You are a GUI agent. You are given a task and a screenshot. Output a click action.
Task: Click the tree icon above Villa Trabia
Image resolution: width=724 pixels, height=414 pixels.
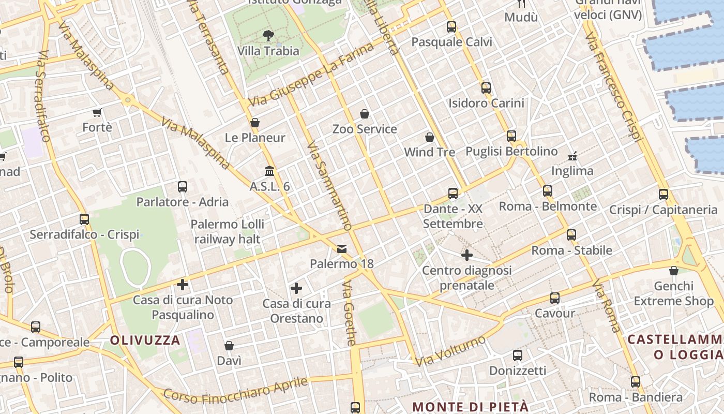[268, 35]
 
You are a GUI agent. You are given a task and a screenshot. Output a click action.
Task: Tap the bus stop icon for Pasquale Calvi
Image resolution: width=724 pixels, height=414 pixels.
[451, 27]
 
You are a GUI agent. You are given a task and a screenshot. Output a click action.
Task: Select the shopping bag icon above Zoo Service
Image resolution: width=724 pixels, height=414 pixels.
[365, 114]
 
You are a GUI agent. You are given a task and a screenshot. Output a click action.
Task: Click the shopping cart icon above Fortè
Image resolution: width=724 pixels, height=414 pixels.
[97, 112]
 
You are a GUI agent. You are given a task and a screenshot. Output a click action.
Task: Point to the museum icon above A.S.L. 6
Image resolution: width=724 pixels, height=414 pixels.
[269, 171]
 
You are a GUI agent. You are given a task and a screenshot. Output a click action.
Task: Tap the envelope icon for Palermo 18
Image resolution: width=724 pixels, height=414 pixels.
[342, 249]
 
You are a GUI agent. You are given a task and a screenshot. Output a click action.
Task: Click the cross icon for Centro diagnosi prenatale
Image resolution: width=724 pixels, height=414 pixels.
[467, 255]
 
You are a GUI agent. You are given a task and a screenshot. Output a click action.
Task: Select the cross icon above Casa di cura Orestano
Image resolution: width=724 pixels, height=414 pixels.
[296, 288]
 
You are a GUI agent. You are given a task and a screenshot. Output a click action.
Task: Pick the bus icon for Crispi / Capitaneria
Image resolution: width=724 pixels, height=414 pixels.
[663, 195]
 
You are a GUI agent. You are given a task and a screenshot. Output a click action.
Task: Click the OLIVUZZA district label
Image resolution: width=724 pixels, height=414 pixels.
[145, 340]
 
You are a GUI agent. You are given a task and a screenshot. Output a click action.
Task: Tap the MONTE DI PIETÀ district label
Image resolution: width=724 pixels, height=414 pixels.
[470, 406]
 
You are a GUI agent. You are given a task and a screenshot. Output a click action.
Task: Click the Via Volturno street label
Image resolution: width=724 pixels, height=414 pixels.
[450, 351]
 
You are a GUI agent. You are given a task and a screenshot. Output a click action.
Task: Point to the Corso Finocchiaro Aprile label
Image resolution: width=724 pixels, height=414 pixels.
[236, 390]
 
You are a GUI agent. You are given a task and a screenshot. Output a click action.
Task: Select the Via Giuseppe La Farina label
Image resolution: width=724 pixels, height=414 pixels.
[310, 76]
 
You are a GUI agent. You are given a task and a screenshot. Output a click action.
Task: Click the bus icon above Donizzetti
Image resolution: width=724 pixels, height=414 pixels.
[518, 356]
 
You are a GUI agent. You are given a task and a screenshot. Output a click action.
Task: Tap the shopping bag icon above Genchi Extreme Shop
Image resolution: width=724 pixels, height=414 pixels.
[673, 271]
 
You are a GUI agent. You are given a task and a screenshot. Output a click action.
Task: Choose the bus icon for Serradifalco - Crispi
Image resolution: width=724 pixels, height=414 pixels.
[84, 219]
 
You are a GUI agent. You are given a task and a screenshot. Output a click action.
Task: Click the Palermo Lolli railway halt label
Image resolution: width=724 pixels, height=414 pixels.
[228, 231]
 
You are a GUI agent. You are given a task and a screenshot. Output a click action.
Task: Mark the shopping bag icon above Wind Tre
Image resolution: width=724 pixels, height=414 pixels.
[429, 137]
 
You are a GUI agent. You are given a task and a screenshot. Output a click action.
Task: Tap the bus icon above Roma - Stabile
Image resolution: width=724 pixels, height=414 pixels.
[571, 235]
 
